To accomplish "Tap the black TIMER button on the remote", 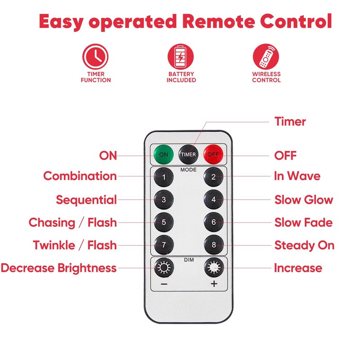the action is tap(188, 154).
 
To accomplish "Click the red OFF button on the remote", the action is tap(213, 154).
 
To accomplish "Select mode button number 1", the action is tap(164, 177).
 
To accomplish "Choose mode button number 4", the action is tap(213, 199).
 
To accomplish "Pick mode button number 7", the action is tap(164, 245).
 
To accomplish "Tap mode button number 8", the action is tap(213, 245).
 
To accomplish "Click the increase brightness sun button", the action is tap(214, 267).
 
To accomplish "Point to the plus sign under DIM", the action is tap(214, 284).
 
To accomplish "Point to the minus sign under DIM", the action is tap(164, 284).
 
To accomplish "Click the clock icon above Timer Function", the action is tap(95, 57).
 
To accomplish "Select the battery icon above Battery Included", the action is tap(180, 57).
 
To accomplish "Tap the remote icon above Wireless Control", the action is tap(266, 57).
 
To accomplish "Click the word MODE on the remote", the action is tap(188, 170).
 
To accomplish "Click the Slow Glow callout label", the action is tap(304, 199).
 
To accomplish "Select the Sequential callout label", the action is tap(86, 200).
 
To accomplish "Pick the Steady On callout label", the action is tap(305, 245).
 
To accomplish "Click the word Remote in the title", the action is tap(219, 21).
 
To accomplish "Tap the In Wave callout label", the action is tap(297, 176).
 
